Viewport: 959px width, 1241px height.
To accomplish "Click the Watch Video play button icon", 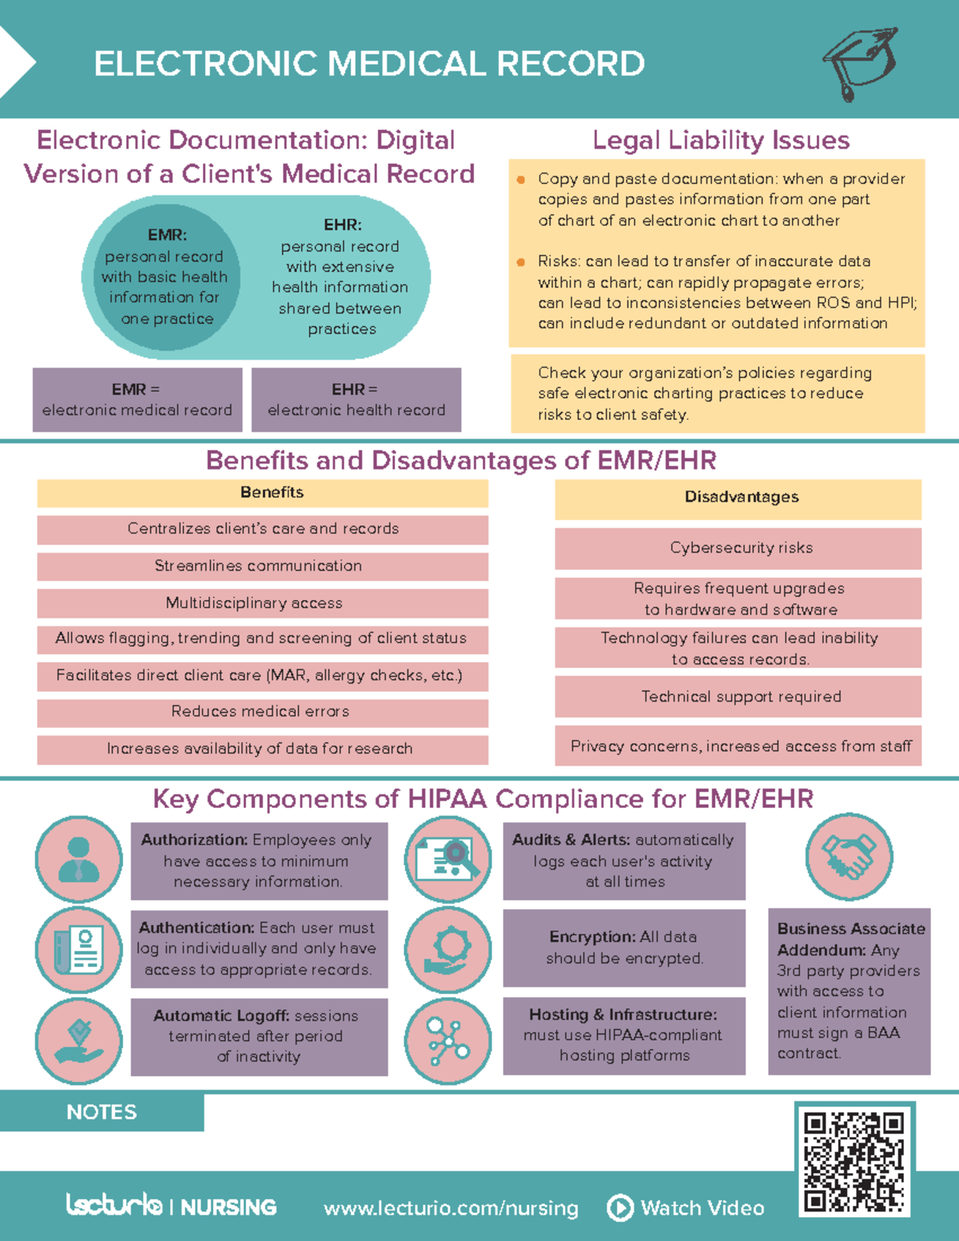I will coord(620,1207).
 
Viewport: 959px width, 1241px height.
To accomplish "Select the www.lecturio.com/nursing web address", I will coord(451,1207).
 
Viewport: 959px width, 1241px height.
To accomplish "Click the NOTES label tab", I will coord(101,1112).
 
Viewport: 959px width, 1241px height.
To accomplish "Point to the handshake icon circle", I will coord(849,857).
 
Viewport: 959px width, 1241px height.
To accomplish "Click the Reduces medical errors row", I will coord(262,712).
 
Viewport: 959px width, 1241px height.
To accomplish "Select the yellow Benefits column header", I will coord(262,493).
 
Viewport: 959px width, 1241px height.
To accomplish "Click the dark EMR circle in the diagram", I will coord(162,276).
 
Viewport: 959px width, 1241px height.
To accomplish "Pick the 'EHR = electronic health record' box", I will coord(356,400).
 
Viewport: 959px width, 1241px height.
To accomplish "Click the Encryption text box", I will coord(624,948).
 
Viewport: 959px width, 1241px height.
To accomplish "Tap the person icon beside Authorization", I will coord(78,860).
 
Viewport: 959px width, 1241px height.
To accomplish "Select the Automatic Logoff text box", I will coord(259,1036).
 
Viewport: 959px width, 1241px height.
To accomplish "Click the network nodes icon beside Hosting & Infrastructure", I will coord(448,1040).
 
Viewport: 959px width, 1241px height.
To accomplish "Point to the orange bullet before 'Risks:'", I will coord(521,262).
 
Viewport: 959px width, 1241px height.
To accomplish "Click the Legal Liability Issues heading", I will coord(721,141).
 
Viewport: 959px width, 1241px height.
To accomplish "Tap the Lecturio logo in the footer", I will coord(115,1205).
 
